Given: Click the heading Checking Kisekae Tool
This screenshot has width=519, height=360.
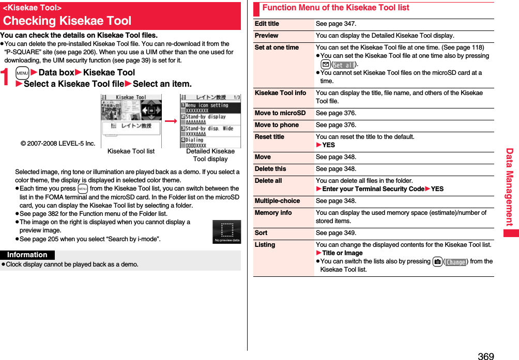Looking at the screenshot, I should (67, 21).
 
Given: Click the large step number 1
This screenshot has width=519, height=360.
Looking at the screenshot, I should (6, 78).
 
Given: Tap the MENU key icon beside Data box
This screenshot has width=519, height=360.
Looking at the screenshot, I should (22, 73).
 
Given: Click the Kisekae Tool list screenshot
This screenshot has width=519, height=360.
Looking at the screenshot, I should (131, 121).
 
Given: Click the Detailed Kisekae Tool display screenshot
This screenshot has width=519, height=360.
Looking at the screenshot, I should (210, 121).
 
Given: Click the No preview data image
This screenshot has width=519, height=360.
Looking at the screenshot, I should (226, 232).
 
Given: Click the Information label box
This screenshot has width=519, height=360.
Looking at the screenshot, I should (27, 255).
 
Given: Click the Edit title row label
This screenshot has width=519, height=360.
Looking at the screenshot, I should (267, 24).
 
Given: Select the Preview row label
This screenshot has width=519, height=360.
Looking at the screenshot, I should (266, 36).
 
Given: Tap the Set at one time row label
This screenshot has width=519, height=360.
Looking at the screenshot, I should (277, 48).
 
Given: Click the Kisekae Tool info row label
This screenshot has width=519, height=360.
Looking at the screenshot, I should (280, 93).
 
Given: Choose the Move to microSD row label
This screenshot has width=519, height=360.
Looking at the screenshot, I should (280, 113).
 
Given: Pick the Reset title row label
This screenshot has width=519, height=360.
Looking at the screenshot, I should (269, 137).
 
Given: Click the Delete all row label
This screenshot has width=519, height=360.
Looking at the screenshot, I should (268, 181).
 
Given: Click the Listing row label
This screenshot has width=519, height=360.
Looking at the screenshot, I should (265, 245).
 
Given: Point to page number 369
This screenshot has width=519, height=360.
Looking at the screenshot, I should (485, 356).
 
